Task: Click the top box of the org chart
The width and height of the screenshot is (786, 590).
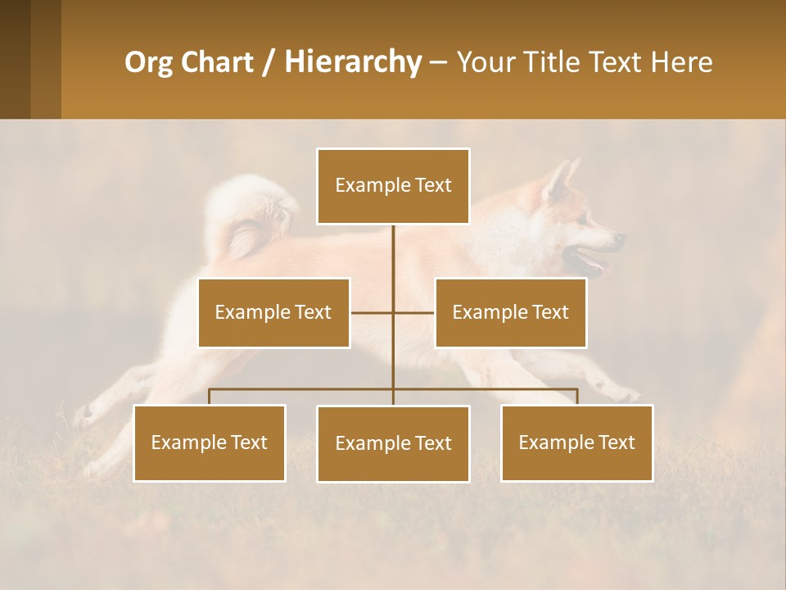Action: [393, 186]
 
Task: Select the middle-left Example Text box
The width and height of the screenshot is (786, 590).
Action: [273, 312]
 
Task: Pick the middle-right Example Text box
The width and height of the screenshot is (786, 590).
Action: [510, 312]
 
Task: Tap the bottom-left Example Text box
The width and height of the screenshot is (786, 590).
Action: [210, 442]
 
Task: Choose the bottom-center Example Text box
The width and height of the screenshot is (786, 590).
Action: [393, 443]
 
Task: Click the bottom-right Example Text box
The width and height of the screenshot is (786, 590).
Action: [576, 442]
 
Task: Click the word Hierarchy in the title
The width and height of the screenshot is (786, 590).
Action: [352, 62]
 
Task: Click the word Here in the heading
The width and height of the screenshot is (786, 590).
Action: [681, 62]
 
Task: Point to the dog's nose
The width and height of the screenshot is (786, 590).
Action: [621, 238]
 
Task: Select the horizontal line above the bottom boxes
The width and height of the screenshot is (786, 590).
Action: [303, 389]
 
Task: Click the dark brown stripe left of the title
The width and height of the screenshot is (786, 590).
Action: [15, 59]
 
